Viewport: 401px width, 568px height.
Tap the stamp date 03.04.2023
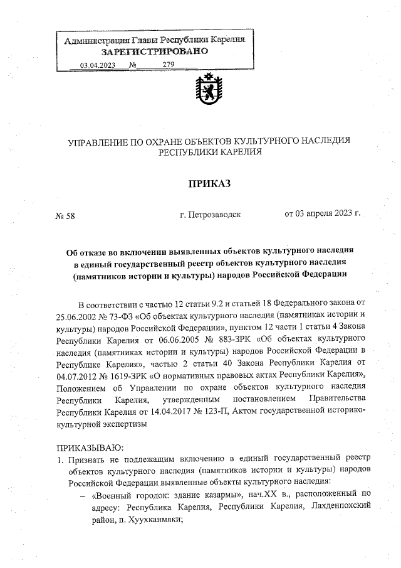click(x=98, y=65)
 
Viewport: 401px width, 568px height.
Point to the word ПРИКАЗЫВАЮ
click(x=91, y=447)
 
